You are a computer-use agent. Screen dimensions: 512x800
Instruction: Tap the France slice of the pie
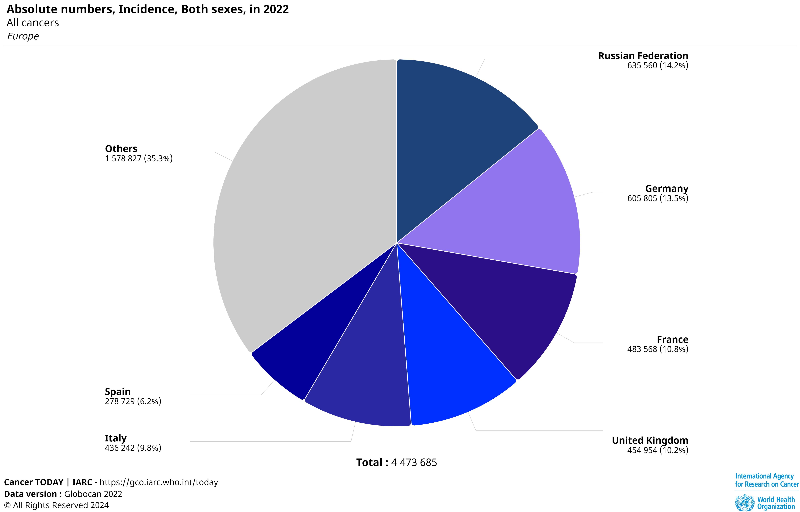[x=505, y=309]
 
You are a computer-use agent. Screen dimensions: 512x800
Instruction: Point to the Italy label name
[x=116, y=438]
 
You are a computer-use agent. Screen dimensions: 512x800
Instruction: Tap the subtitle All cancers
[x=33, y=23]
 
